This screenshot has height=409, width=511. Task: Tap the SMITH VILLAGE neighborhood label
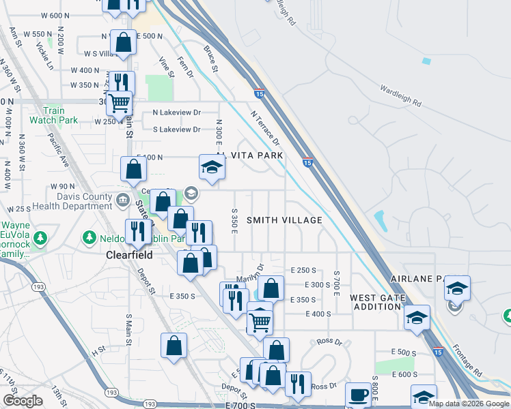coord(284,220)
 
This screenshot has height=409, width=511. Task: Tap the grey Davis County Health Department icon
coord(123,199)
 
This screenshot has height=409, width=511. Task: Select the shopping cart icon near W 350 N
coord(120,103)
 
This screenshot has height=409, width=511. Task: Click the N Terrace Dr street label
coord(265,129)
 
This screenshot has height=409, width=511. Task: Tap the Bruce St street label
coord(210,59)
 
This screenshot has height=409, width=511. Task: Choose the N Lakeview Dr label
coord(176,112)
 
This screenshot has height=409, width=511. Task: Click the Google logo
coord(23,401)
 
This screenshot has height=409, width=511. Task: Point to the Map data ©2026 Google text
coord(469,404)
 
